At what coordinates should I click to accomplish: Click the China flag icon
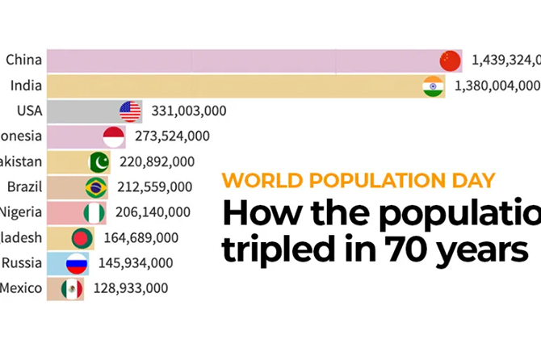[450, 61]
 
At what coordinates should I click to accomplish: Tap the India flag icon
[434, 86]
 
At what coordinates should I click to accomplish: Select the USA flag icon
[130, 111]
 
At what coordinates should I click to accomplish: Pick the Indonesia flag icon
[114, 136]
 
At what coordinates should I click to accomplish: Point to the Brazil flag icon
[96, 187]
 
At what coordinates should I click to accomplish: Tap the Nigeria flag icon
[94, 212]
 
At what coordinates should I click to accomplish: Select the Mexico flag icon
[73, 288]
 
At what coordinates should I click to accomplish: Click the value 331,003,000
[188, 111]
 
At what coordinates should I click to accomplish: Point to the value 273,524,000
[171, 136]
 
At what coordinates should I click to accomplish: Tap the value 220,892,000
[157, 161]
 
